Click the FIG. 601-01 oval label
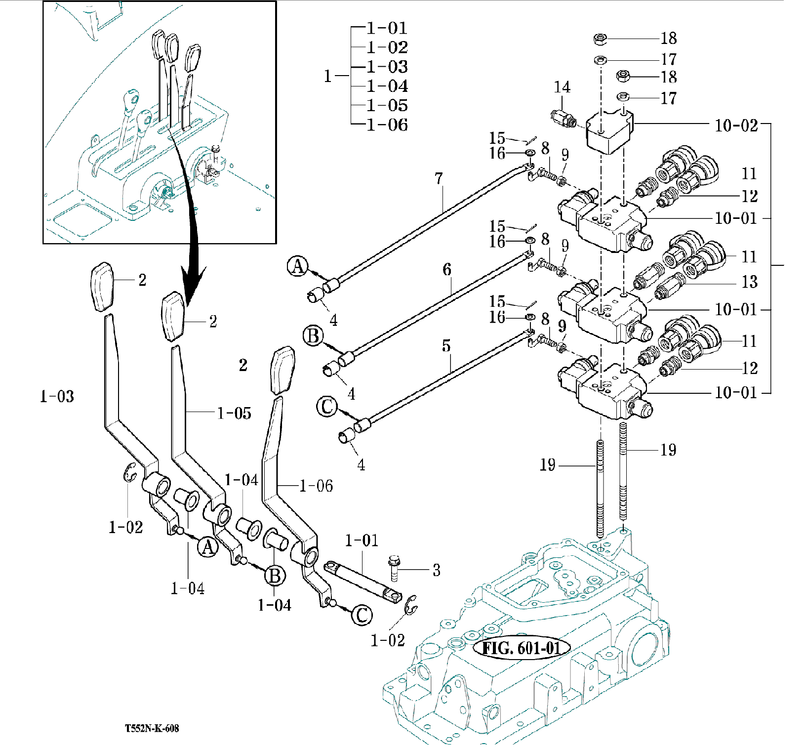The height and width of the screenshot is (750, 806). [521, 648]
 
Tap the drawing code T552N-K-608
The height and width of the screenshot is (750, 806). [152, 728]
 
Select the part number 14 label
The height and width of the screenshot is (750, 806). [562, 87]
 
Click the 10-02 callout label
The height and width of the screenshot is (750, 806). [736, 125]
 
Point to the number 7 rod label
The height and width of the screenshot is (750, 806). [439, 178]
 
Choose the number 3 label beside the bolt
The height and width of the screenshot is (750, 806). [436, 570]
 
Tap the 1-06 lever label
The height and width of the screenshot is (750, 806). [316, 486]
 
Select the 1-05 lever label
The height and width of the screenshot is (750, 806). [234, 413]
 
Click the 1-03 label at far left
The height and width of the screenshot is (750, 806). [57, 396]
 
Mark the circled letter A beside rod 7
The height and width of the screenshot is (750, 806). [298, 266]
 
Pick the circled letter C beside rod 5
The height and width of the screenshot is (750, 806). [326, 407]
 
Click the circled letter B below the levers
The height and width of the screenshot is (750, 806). [275, 576]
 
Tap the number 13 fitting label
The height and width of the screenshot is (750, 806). [749, 282]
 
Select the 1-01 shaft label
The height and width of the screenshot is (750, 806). [362, 541]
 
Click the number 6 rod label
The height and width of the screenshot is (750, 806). [446, 269]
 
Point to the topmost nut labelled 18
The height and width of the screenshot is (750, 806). [600, 38]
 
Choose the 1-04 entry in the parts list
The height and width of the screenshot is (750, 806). [387, 86]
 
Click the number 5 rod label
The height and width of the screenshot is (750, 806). [446, 345]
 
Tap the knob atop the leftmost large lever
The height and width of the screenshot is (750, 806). [102, 287]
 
